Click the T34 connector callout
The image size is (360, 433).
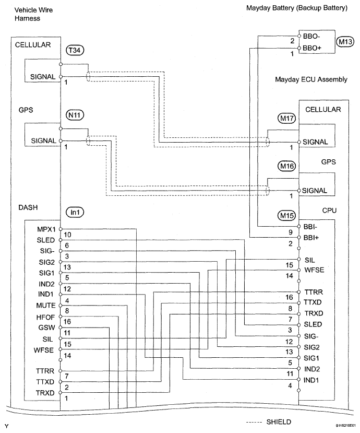pos(75,50)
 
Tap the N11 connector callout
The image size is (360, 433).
pos(75,115)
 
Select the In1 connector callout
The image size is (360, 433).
pos(75,212)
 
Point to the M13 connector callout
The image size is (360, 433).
pos(345,42)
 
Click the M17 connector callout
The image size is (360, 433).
pos(286,118)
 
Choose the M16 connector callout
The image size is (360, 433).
pos(286,166)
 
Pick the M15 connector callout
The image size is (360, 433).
pos(286,215)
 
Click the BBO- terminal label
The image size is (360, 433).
pos(311,37)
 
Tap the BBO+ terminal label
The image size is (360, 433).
pos(312,48)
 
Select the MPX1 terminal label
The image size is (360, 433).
pos(46,229)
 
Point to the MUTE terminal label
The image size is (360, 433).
pos(46,306)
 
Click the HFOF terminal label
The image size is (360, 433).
pos(45,317)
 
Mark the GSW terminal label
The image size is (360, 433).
pos(46,327)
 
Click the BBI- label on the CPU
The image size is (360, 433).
pos(310,227)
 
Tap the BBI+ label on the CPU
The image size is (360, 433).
pos(311,238)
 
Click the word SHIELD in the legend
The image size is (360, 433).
pos(279,422)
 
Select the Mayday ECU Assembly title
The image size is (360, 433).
pos(311,79)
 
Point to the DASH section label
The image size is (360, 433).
pos(28,207)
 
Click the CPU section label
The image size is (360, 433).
pos(329,210)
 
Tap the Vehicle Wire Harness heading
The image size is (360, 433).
pos(33,14)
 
